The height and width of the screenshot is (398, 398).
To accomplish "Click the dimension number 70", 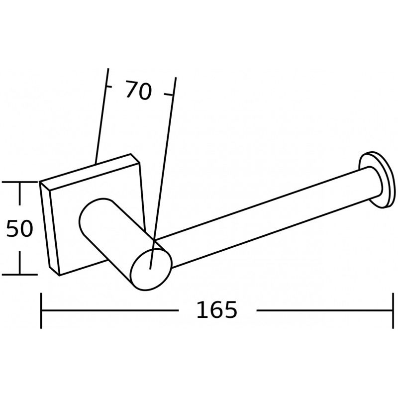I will click(x=138, y=91).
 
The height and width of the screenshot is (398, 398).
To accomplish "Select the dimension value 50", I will click(x=19, y=228).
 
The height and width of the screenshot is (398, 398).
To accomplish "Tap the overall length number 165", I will click(x=217, y=310).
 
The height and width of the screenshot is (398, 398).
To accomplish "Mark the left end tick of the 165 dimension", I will click(x=41, y=310).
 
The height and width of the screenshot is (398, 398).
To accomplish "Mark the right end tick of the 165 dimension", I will click(x=389, y=310).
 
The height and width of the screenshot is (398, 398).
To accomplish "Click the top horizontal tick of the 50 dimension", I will click(x=20, y=183).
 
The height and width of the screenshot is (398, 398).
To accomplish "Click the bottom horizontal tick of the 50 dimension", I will click(x=20, y=274).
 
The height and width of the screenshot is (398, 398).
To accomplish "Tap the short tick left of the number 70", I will click(x=106, y=87).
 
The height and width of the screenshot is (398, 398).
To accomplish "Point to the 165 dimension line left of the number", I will click(x=109, y=310).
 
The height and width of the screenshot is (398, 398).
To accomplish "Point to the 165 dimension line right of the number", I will click(x=323, y=310).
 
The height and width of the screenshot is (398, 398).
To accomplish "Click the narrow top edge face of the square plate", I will click(x=90, y=169).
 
